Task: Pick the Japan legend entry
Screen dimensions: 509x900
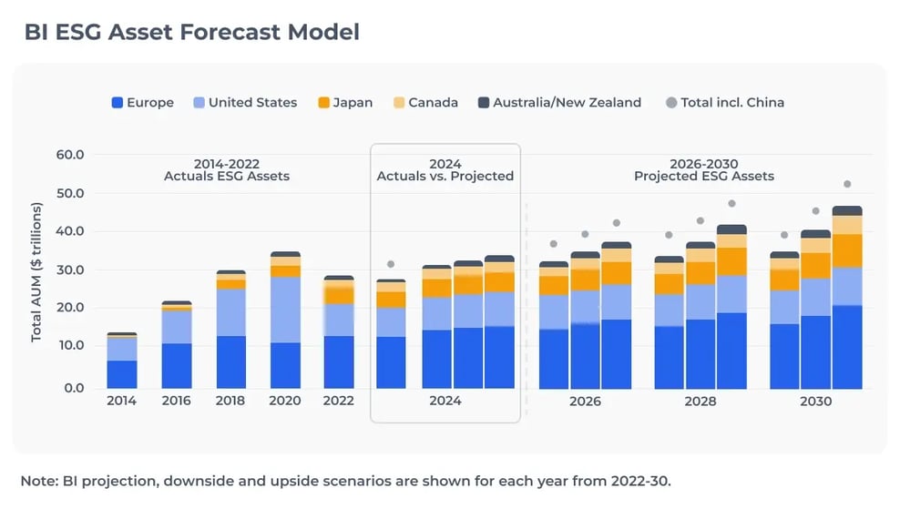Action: pos(344,103)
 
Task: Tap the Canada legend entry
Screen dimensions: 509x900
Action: pos(424,103)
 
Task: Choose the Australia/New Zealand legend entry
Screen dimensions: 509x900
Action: pos(558,103)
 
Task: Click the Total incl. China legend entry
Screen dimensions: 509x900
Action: pos(724,103)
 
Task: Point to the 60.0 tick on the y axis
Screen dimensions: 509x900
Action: pos(70,155)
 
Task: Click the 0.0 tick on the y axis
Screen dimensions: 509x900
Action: pos(74,388)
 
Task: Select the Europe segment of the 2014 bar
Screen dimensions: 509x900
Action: pos(121,374)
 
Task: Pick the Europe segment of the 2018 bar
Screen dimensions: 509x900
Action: pos(230,362)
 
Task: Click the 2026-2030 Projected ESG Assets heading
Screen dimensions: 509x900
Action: pos(704,169)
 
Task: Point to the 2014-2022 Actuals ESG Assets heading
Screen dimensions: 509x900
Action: pos(227,169)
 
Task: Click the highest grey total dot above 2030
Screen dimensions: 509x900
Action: pos(846,184)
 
